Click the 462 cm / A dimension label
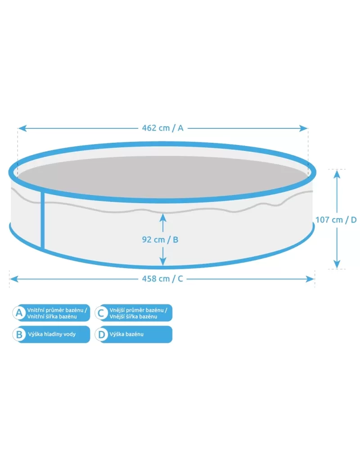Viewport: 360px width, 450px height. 162,128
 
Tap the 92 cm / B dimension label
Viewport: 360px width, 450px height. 160,240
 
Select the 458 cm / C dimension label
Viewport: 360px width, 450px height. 162,279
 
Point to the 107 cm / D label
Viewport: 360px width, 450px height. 336,220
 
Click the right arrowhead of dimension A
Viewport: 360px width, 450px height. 303,128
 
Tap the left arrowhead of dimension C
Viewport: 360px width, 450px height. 14,279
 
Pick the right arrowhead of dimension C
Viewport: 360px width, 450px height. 310,279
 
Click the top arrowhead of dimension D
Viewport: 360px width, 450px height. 337,174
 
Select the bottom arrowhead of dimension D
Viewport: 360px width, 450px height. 337,264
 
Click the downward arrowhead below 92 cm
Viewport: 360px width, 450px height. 163,261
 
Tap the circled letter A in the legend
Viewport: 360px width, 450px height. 19,313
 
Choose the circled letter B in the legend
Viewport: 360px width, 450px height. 19,334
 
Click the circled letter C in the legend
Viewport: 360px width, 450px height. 101,313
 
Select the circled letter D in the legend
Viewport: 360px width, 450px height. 101,334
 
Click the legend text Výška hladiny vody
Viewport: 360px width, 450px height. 52,334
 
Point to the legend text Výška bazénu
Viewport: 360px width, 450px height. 126,334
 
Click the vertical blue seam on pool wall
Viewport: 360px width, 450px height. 43,219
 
